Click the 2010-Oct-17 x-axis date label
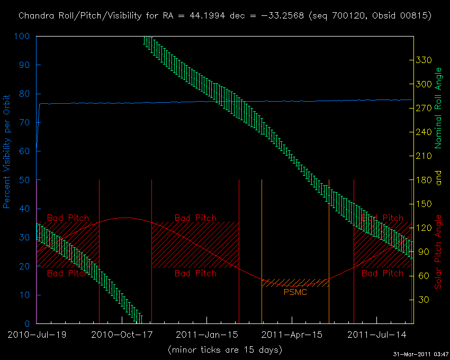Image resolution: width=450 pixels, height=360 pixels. (x=122, y=335)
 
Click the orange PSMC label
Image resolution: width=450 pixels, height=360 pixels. (x=295, y=292)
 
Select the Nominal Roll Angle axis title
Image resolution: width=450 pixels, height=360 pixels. (x=438, y=109)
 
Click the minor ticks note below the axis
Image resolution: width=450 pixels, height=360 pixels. (x=224, y=350)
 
